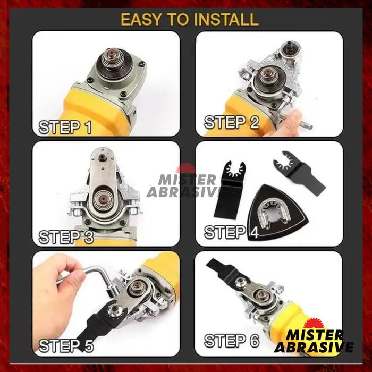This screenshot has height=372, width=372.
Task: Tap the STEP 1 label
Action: (65, 127)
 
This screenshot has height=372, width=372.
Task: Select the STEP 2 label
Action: (232, 122)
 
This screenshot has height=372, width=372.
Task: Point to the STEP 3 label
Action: (66, 236)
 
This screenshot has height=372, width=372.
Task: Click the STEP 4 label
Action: (231, 232)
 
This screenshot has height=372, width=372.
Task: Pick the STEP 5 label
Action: (66, 345)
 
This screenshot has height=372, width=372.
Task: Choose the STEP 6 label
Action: (232, 341)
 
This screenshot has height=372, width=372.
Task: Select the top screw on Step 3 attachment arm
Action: (102, 157)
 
